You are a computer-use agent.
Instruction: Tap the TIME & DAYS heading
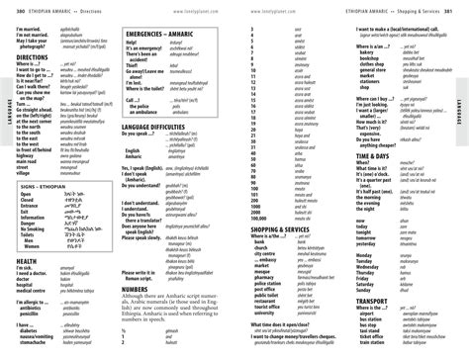pyautogui.click(x=372, y=155)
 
